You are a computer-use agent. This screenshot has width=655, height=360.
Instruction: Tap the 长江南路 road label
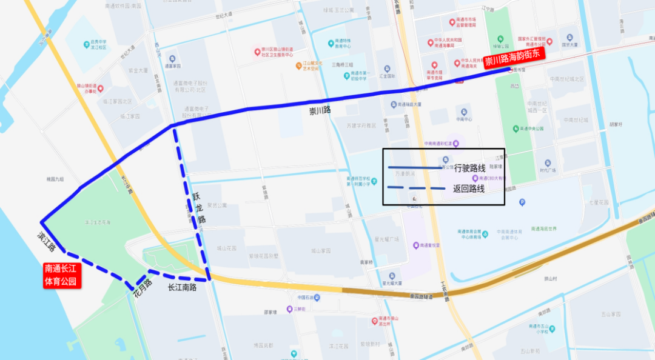[x=183, y=287]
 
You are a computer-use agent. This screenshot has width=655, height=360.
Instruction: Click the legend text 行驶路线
[x=469, y=168]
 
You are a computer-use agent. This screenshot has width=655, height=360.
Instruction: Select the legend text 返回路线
[x=469, y=188]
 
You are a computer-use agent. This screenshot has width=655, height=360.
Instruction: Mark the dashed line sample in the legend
[x=415, y=188]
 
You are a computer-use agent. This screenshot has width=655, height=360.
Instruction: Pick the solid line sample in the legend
[x=415, y=167]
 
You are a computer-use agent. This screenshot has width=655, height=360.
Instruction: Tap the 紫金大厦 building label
[x=138, y=70]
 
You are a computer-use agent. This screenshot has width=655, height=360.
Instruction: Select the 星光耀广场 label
[x=386, y=239]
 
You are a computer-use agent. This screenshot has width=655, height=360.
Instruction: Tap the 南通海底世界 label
[x=543, y=228]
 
